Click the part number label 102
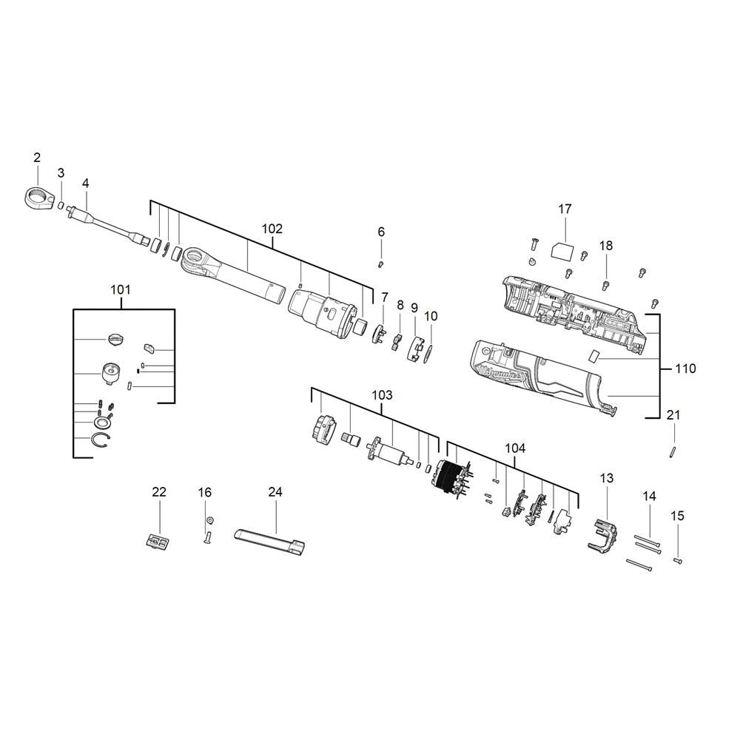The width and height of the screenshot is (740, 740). pos(272,229)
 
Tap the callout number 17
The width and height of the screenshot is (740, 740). pos(565,209)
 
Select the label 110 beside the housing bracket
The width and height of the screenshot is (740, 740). pos(685,368)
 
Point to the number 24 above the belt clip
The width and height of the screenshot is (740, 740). pos(275,492)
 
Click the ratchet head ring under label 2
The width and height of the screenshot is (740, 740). pos(38,198)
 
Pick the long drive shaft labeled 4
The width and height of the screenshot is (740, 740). pos(109,225)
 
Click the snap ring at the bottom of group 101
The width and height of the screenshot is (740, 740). pos(100,440)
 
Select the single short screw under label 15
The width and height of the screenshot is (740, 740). pos(678,561)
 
